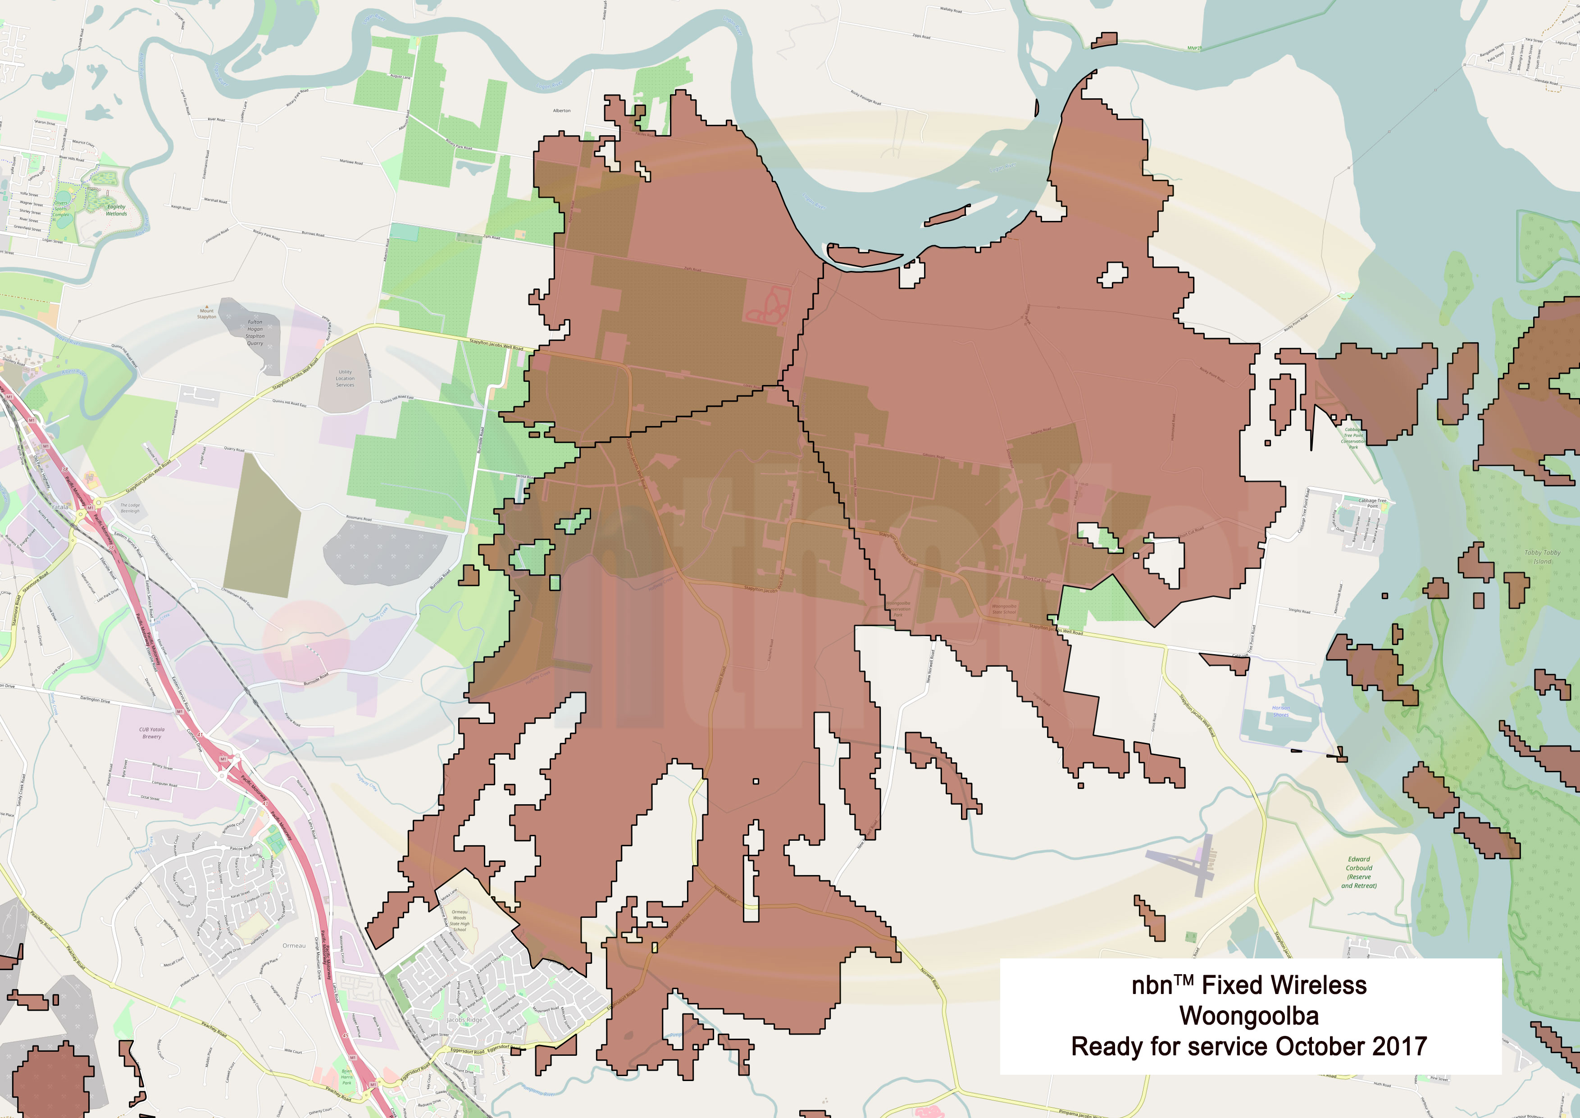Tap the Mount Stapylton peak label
point(206,314)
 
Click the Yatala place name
point(60,507)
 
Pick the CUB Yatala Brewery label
point(151,733)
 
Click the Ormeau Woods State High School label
point(459,921)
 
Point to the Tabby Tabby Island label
point(1542,556)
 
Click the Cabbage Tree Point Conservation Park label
point(1353,438)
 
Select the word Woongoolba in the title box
point(1249,1016)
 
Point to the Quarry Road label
point(234,449)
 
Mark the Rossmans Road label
point(359,518)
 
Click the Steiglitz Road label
point(1299,611)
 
